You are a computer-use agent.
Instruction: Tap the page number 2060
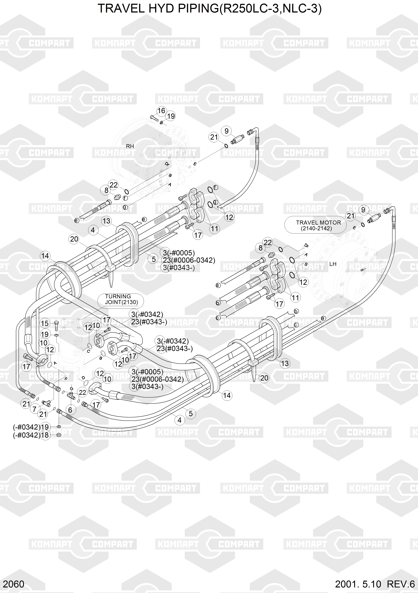tap(13, 584)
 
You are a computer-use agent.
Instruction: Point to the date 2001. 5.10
tap(358, 584)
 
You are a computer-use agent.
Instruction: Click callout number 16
tap(161, 111)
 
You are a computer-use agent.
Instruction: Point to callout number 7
tap(34, 409)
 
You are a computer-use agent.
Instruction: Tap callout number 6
tap(70, 410)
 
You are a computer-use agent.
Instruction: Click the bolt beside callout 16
tap(154, 119)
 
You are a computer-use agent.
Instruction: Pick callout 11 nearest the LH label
tap(295, 298)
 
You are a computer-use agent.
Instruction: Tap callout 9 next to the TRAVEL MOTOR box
tap(363, 210)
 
